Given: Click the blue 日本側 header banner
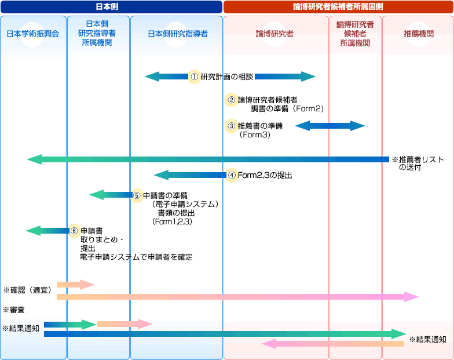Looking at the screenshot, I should pyautogui.click(x=111, y=6).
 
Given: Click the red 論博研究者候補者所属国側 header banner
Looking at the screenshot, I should pyautogui.click(x=338, y=6).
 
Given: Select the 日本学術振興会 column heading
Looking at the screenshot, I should pyautogui.click(x=33, y=34).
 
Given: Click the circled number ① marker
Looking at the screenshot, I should pyautogui.click(x=195, y=77).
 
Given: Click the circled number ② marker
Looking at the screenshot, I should pyautogui.click(x=232, y=100).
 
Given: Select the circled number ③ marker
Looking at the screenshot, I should pyautogui.click(x=232, y=126).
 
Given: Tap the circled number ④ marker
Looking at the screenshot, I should pyautogui.click(x=232, y=174).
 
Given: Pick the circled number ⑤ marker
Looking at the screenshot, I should pyautogui.click(x=137, y=195).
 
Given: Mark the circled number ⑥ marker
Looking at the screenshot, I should pyautogui.click(x=74, y=230).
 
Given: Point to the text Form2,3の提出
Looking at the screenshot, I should pyautogui.click(x=265, y=174).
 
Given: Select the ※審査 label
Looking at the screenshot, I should pyautogui.click(x=14, y=310).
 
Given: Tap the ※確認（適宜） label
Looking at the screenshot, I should pyautogui.click(x=28, y=289).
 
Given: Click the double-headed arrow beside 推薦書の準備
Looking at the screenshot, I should pyautogui.click(x=330, y=126).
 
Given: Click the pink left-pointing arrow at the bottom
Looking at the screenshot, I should pyautogui.click(x=332, y=344).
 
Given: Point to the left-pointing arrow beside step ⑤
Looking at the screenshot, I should pyautogui.click(x=110, y=195).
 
